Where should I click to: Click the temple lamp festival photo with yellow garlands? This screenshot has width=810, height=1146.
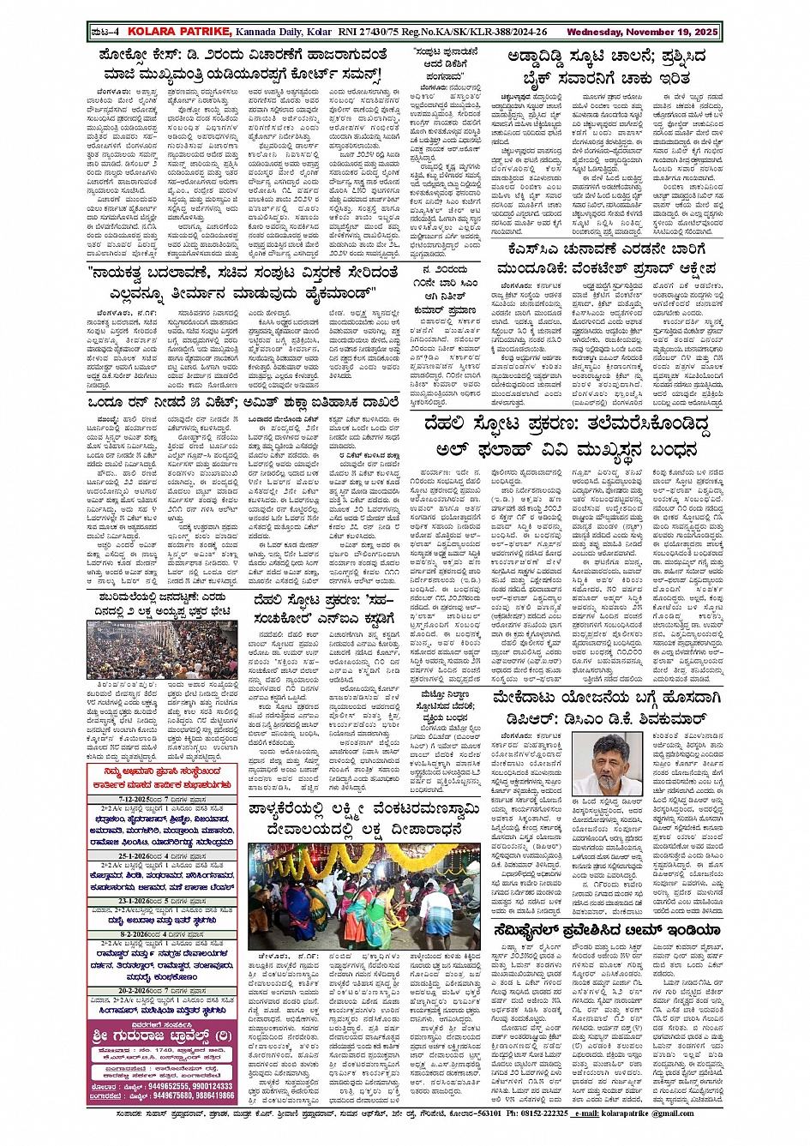[376, 896]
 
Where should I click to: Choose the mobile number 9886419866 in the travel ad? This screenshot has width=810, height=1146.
[210, 1095]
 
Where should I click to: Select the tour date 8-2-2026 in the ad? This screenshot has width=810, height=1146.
[136, 934]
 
